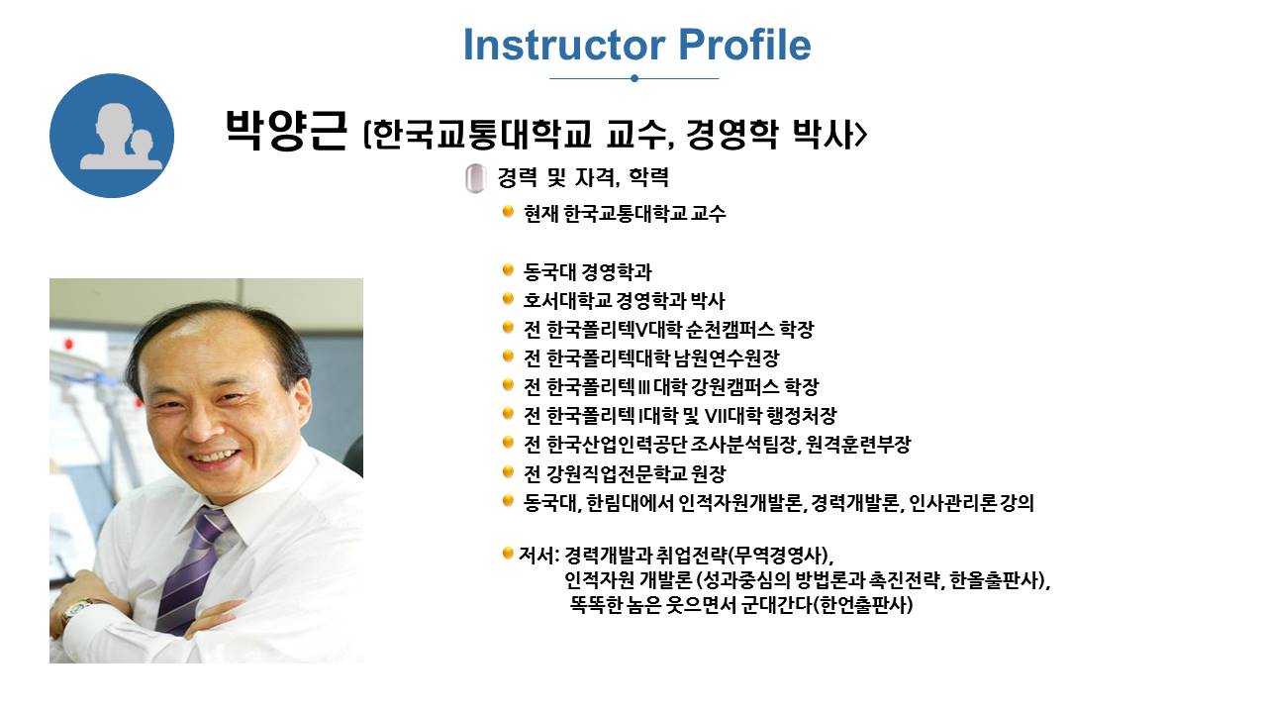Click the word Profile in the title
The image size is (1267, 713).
pos(745,45)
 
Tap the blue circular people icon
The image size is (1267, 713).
pos(112,136)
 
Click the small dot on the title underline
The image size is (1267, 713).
pos(634,78)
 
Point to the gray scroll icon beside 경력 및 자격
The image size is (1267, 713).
pos(476,178)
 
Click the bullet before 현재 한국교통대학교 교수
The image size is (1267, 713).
pos(508,212)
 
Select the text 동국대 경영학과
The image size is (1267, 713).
pos(588,272)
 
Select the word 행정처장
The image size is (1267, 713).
pos(801,417)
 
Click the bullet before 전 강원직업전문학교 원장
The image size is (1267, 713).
pos(508,471)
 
